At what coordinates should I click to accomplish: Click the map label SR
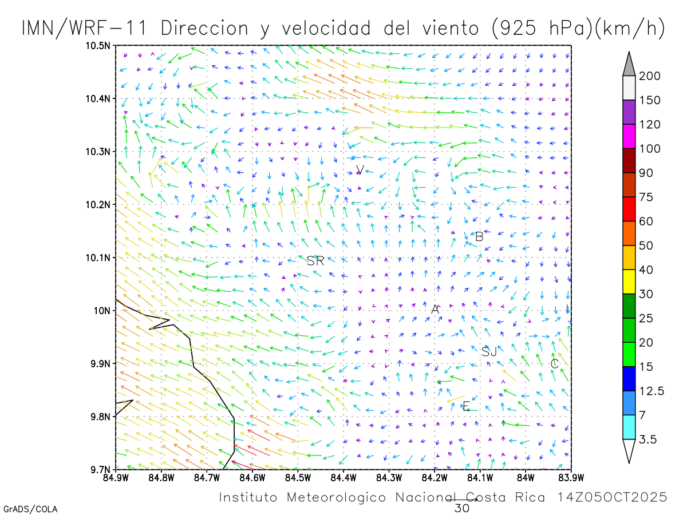point(315,261)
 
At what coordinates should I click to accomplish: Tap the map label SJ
point(489,352)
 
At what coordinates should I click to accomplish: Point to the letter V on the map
point(360,169)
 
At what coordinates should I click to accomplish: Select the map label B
point(479,236)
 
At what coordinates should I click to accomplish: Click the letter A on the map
point(435,309)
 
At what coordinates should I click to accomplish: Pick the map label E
point(466,406)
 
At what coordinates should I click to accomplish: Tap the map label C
point(554,363)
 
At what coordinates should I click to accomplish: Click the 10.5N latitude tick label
point(98,46)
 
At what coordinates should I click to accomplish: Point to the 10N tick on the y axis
point(102,311)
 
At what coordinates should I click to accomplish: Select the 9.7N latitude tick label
point(100,469)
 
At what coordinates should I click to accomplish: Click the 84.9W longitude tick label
point(116,477)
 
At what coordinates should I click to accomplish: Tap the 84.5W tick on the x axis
point(298,477)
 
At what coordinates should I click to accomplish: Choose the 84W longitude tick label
point(525,477)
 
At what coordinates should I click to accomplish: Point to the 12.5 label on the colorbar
point(652,391)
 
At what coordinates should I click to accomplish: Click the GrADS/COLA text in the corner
point(30,509)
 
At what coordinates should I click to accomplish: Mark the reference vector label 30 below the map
point(461,508)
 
